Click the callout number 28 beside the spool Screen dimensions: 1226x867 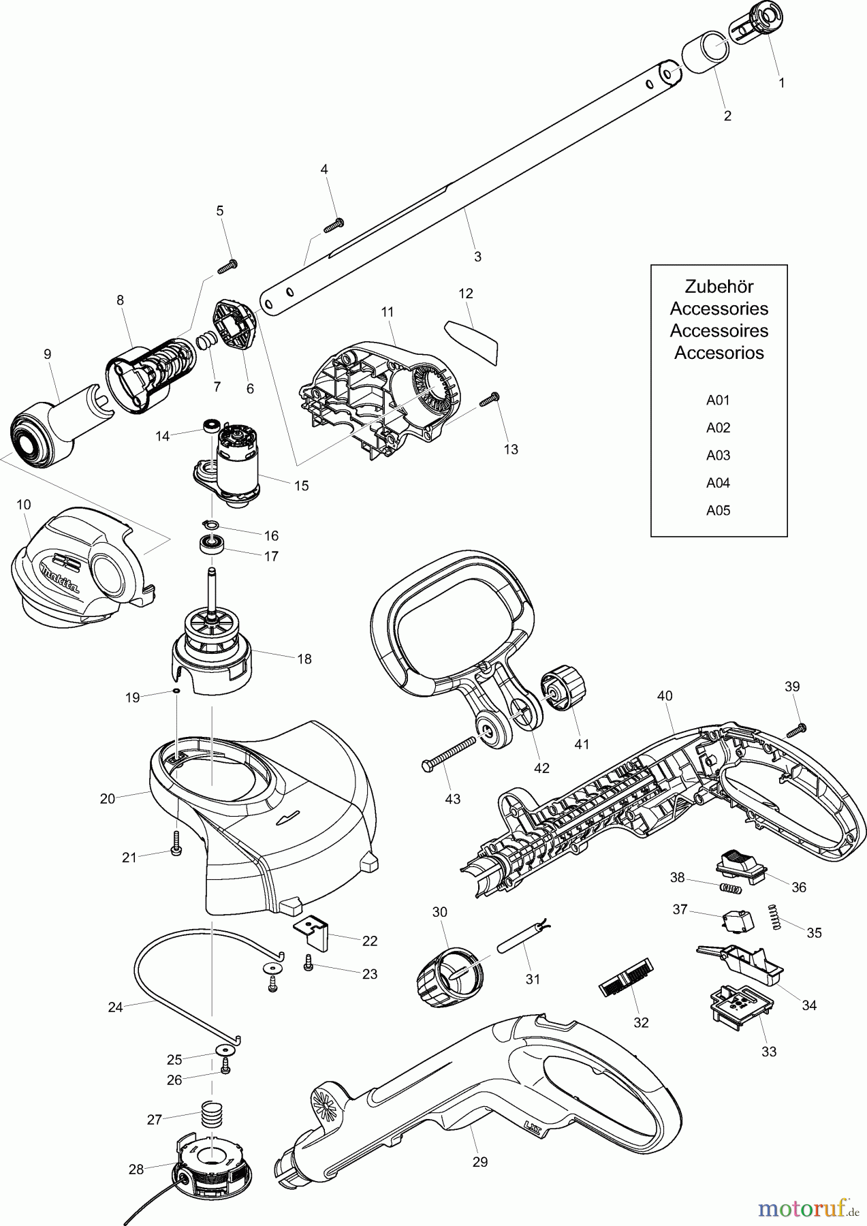click(x=136, y=1169)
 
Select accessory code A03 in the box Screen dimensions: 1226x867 click(x=718, y=455)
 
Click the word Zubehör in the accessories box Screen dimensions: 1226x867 click(x=719, y=286)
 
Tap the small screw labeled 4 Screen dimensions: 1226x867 click(x=334, y=225)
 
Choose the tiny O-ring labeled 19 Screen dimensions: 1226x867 click(x=176, y=691)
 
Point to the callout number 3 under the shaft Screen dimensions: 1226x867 click(x=477, y=257)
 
